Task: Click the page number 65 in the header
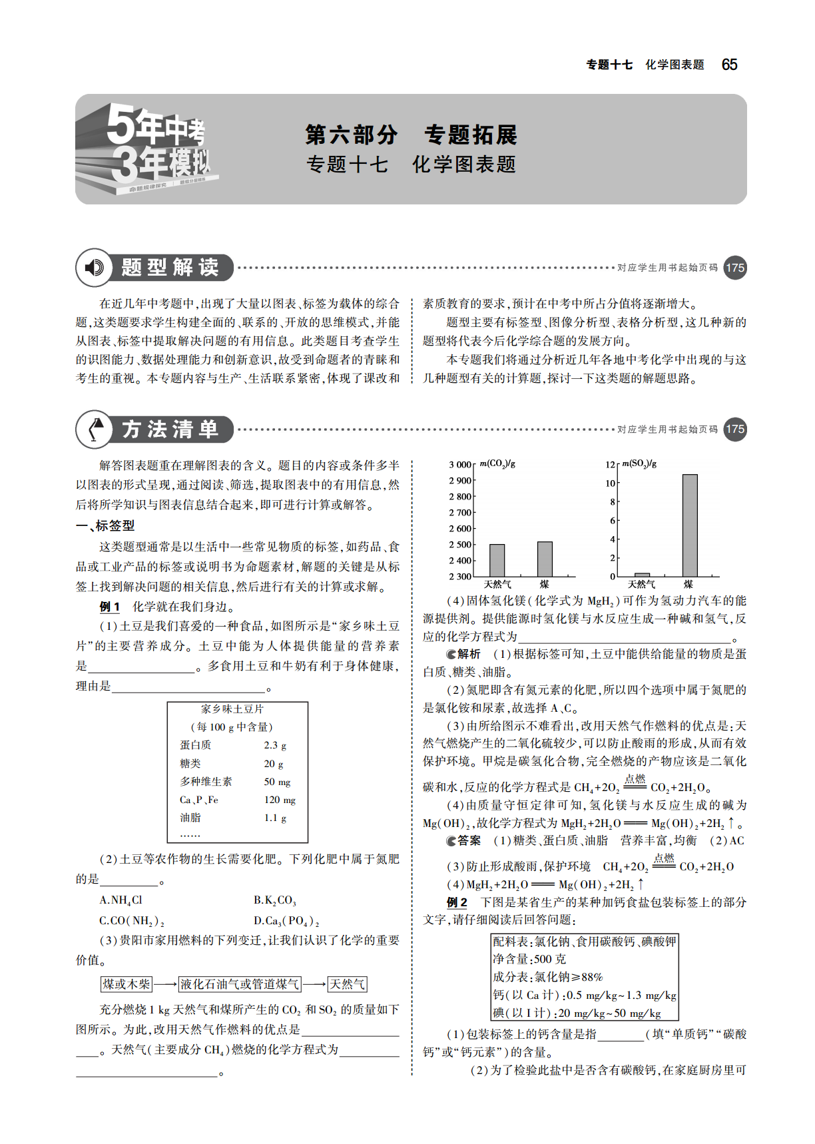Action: [729, 65]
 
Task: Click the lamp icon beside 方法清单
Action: [96, 429]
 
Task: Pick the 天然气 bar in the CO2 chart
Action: [497, 560]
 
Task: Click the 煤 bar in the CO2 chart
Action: [545, 559]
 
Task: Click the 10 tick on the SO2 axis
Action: [610, 483]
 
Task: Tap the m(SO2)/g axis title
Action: [639, 463]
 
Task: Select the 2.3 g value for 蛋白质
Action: [275, 745]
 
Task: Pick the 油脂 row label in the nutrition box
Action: [190, 818]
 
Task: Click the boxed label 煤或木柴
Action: [127, 984]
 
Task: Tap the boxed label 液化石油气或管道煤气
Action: [240, 984]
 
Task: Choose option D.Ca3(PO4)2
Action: [286, 921]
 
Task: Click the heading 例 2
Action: [457, 903]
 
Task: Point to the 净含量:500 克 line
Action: [529, 959]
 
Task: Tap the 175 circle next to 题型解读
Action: [734, 268]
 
